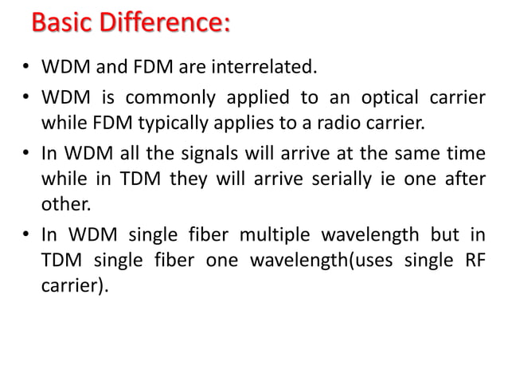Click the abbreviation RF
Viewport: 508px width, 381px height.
[x=475, y=261]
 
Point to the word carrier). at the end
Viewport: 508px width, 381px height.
[x=73, y=286]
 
